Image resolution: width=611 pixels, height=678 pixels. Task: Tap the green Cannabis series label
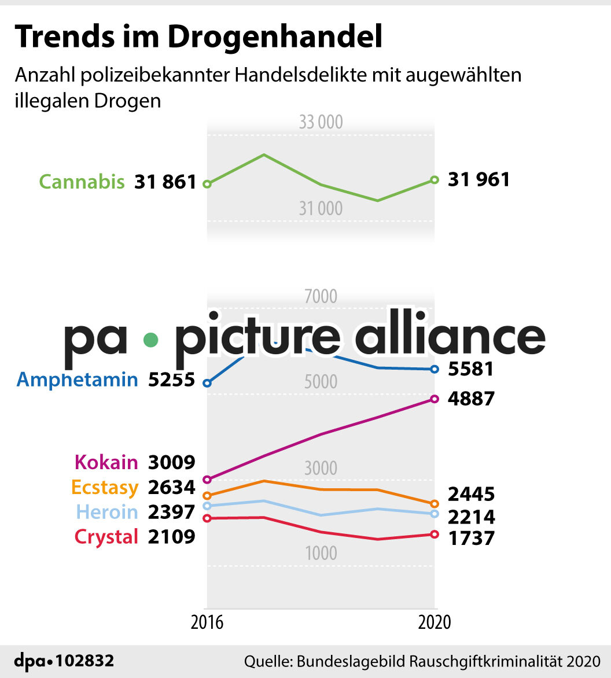(x=82, y=182)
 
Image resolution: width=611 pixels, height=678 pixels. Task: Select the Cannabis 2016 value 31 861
(x=165, y=182)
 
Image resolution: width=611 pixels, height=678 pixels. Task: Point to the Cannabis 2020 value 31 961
(x=479, y=179)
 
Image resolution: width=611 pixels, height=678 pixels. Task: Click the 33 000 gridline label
(x=321, y=122)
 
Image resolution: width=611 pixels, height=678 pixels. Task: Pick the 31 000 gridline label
(x=321, y=208)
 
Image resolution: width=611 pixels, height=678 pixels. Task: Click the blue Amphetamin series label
(x=78, y=379)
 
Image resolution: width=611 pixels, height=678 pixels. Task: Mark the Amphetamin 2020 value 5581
(x=470, y=369)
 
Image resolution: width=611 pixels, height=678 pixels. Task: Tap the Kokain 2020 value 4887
(x=471, y=399)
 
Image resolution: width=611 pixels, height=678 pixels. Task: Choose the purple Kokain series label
(x=106, y=462)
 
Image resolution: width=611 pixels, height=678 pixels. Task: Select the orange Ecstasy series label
(x=105, y=488)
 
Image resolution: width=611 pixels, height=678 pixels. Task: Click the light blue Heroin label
(x=107, y=513)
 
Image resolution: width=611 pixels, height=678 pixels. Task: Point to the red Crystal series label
(x=106, y=537)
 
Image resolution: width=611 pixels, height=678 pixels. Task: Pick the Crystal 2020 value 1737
(x=471, y=539)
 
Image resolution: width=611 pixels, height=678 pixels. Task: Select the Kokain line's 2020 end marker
(x=435, y=399)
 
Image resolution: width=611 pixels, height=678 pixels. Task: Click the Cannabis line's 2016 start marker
(x=207, y=184)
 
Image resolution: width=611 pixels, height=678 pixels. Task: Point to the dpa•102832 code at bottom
(x=64, y=661)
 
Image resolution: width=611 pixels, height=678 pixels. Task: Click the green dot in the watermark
(x=150, y=340)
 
